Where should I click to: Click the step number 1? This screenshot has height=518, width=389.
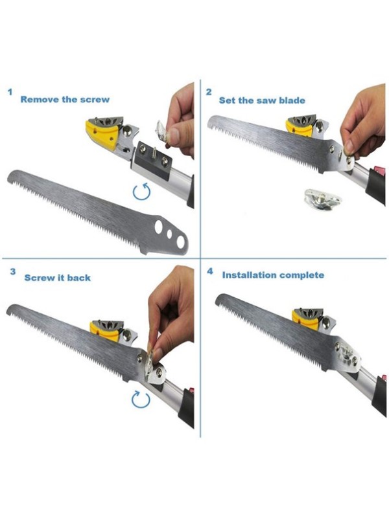pos(10,91)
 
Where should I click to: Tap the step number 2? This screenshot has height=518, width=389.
pos(209,92)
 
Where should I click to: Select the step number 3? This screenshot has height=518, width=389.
pos(12,271)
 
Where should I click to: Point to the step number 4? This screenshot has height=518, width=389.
pos(210,271)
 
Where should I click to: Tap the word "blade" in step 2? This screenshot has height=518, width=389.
pos(292,100)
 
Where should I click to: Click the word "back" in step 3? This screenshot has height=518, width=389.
pos(79,278)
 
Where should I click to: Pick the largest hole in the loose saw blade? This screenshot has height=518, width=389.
pos(181,242)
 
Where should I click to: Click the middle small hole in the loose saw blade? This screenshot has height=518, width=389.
pos(169,234)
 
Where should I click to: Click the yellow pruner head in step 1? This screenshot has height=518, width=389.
pos(102,134)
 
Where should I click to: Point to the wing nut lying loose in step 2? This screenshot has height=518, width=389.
pos(322,199)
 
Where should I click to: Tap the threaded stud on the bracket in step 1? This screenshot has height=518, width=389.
pos(154,153)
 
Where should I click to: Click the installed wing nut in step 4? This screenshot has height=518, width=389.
pos(347,355)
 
